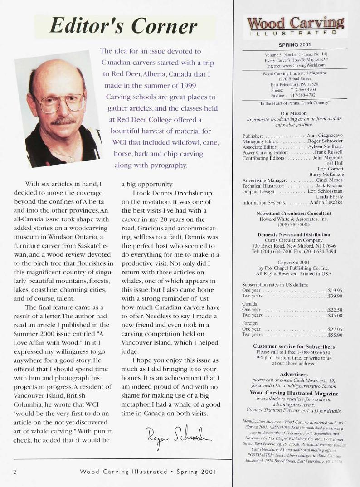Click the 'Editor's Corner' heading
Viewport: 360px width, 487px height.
click(x=125, y=26)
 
